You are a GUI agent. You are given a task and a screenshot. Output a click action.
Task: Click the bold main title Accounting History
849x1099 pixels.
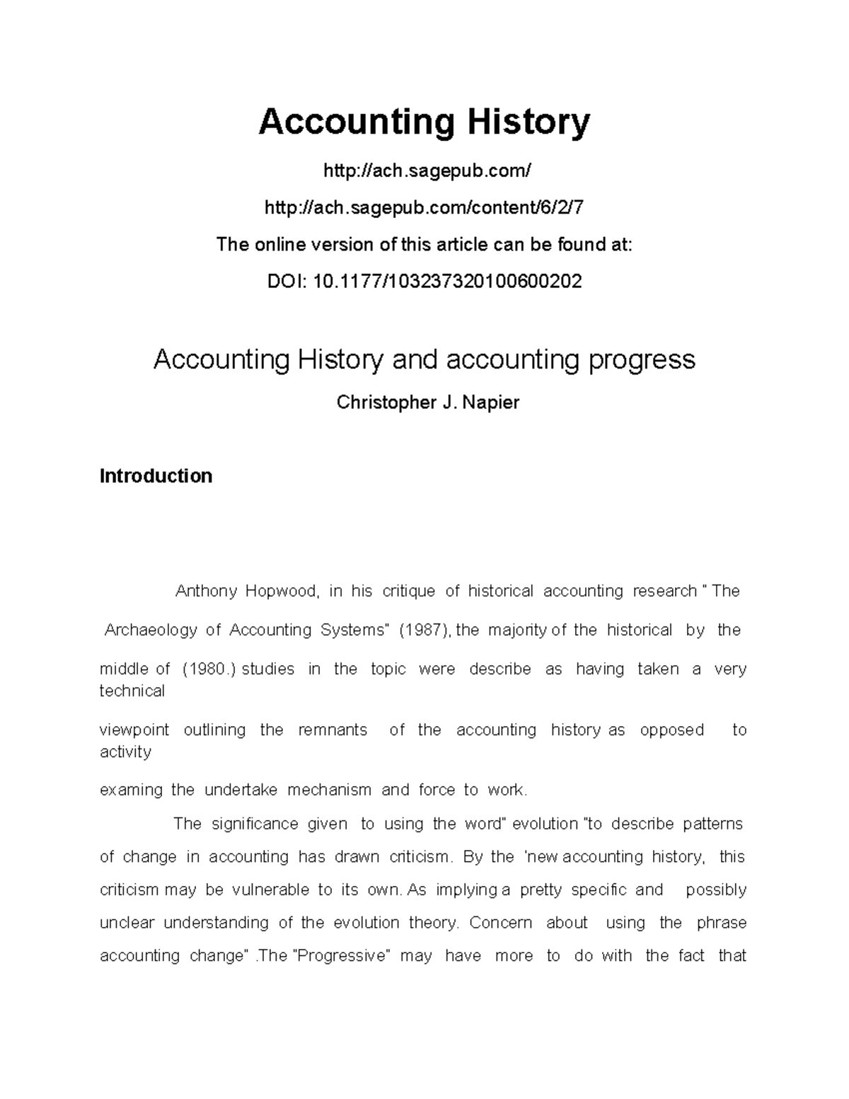(424, 122)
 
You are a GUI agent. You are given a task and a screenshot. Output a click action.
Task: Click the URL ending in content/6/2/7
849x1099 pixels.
(424, 207)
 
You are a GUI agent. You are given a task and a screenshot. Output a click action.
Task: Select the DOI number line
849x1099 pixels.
(424, 281)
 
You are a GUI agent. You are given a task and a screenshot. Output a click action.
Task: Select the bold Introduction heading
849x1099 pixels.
(156, 476)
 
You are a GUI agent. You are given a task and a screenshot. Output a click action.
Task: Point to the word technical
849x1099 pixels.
(132, 691)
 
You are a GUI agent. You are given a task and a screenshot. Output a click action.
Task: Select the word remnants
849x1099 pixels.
(333, 730)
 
